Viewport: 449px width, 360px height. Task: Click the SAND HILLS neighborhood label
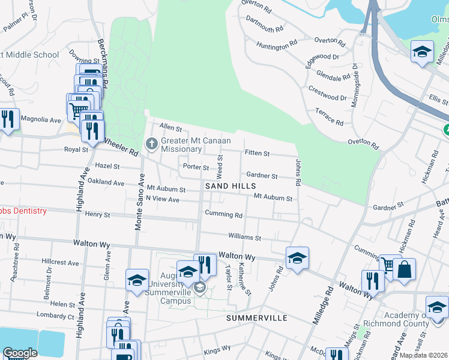click(x=231, y=187)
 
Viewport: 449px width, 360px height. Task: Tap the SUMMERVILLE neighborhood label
click(x=256, y=317)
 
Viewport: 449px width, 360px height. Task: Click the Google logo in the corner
click(x=20, y=353)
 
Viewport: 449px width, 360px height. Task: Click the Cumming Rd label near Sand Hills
click(x=223, y=215)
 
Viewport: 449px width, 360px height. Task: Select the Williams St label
click(x=244, y=238)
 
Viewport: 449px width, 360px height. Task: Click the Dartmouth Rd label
click(x=264, y=29)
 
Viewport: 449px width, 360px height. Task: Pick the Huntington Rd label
click(x=277, y=44)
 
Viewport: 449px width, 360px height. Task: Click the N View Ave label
click(x=163, y=199)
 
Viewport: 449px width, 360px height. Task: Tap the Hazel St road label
click(x=108, y=166)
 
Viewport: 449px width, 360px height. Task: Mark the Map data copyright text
click(x=423, y=355)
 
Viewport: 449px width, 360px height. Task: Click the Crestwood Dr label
click(x=328, y=94)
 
